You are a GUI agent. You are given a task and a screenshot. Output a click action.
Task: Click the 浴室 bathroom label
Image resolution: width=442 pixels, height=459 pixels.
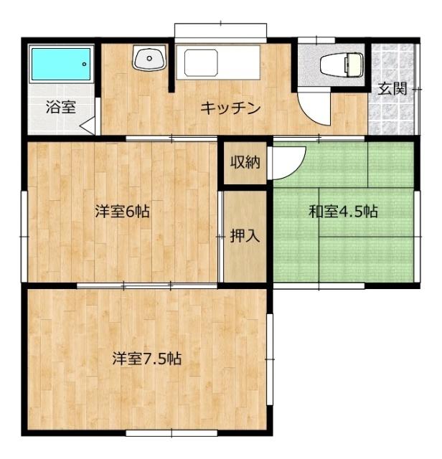tap(60, 108)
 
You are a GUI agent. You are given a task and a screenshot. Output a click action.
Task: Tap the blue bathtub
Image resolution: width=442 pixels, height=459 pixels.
tap(60, 65)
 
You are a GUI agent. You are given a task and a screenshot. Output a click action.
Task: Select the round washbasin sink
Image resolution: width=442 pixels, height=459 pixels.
tap(149, 58)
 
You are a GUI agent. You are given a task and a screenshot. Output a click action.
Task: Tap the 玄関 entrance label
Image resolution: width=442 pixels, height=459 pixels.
tap(392, 89)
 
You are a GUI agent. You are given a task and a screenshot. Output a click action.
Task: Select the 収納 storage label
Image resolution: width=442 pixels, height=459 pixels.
tap(244, 162)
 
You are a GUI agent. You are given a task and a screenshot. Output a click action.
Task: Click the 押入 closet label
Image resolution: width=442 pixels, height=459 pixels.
tap(244, 236)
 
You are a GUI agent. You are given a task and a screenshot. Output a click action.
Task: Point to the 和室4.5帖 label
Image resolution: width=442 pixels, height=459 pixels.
tap(343, 212)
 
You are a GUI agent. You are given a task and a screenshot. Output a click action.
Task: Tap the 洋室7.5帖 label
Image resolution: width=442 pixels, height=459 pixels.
tap(146, 359)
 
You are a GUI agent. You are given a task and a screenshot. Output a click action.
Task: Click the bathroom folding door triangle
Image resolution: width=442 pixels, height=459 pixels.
tap(88, 127)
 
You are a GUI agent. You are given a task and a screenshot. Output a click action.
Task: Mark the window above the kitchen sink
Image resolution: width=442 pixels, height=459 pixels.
tap(221, 31)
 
